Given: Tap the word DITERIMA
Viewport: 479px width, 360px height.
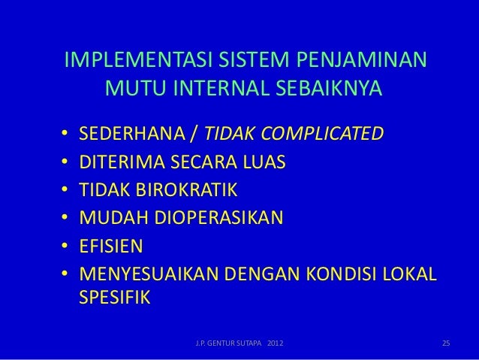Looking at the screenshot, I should pyautogui.click(x=119, y=163).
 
